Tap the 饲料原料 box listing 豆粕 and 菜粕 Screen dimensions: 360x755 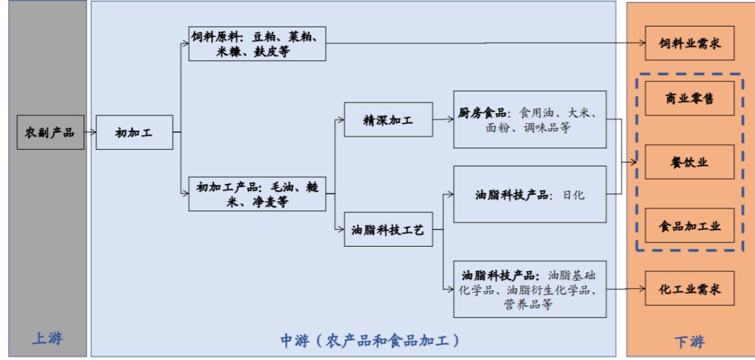(258, 43)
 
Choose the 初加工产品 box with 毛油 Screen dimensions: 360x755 (258, 194)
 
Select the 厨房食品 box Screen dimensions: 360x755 (529, 119)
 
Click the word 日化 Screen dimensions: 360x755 (573, 195)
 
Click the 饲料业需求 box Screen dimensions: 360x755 (689, 44)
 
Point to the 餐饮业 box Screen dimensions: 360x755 (689, 163)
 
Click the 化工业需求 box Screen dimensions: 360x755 (689, 288)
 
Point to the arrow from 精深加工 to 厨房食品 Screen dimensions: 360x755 (443, 120)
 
